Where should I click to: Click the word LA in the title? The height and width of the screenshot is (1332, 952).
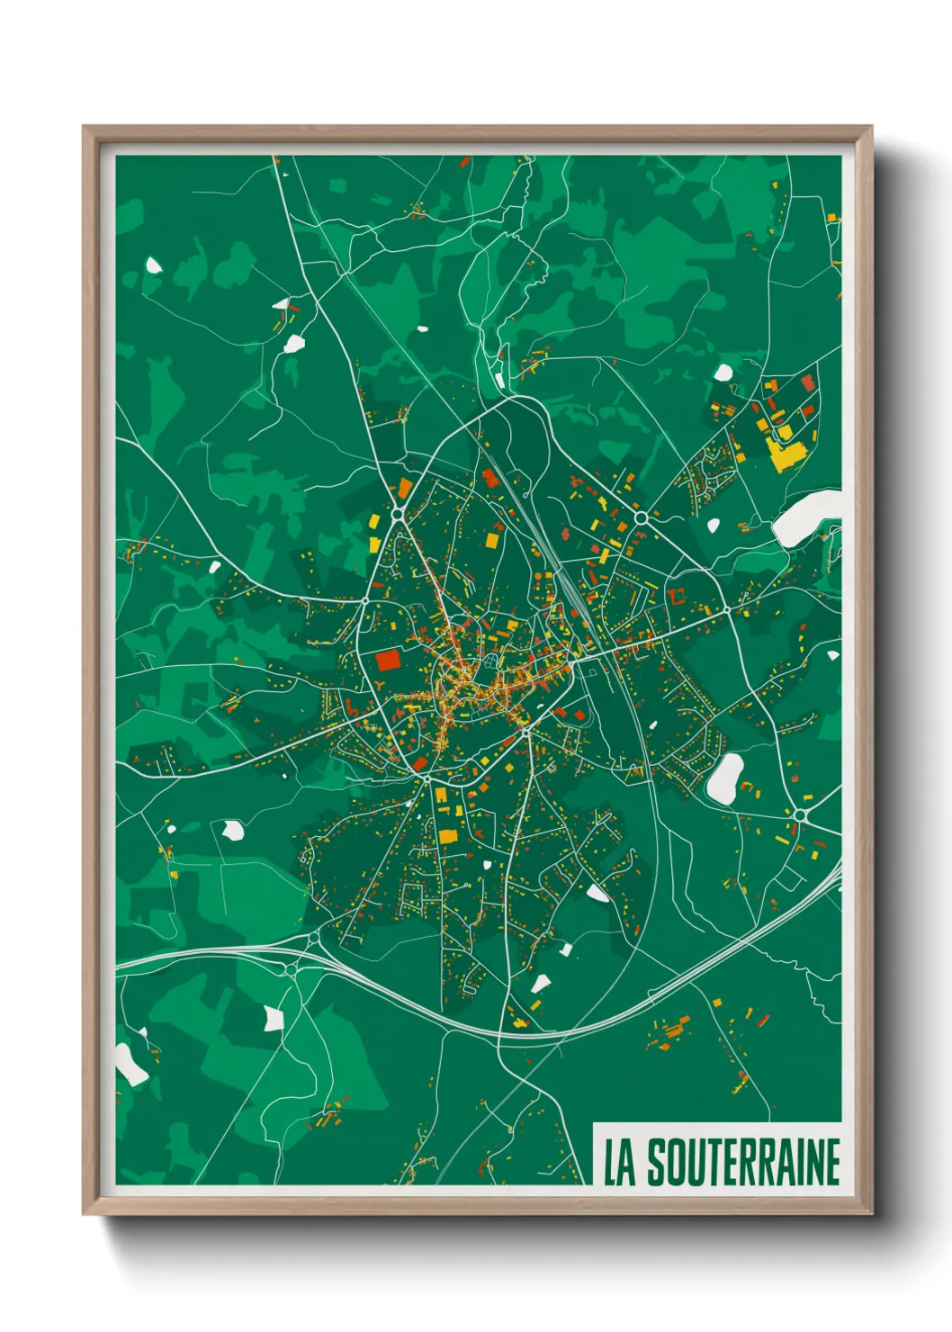click(x=619, y=1162)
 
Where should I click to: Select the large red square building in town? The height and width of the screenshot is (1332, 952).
click(x=388, y=661)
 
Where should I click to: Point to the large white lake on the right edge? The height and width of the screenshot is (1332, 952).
click(x=807, y=518)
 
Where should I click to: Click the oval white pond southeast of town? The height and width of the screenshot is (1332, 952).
click(x=724, y=778)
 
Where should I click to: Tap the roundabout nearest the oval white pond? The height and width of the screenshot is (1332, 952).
click(x=799, y=815)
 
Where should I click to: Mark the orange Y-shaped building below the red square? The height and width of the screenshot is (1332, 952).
click(x=383, y=688)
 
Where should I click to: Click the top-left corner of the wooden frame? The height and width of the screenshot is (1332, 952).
click(x=85, y=128)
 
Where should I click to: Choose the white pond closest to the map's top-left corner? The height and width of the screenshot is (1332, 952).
click(x=154, y=265)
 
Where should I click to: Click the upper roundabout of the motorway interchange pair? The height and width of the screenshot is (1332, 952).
click(x=313, y=939)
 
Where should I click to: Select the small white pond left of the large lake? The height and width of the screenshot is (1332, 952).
click(x=714, y=524)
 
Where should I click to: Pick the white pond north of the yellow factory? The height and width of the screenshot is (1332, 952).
click(x=723, y=372)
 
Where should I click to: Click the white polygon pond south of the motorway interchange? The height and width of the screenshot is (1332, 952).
click(x=274, y=1018)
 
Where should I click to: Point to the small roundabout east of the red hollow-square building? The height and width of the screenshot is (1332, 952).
click(x=727, y=610)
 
